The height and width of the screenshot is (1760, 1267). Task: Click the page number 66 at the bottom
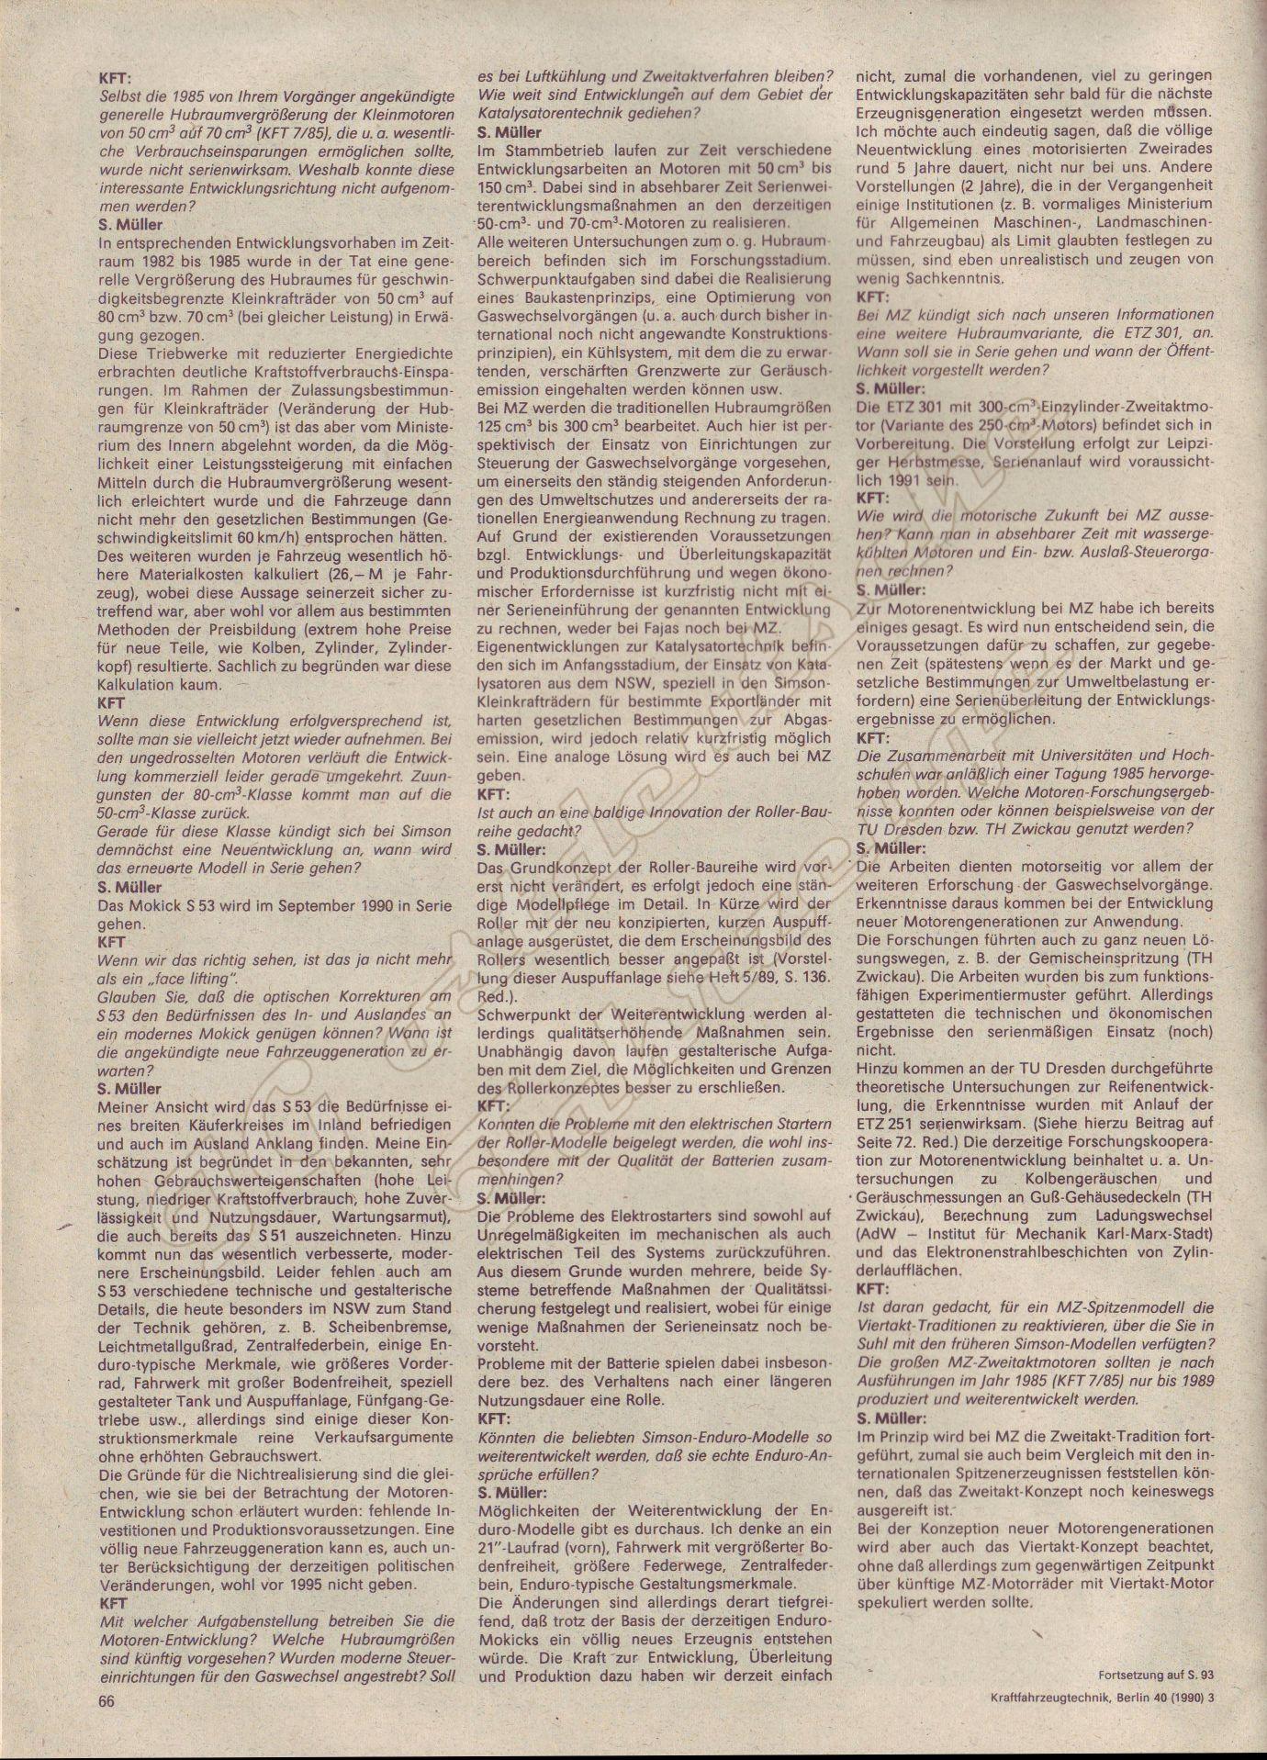click(107, 1701)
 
